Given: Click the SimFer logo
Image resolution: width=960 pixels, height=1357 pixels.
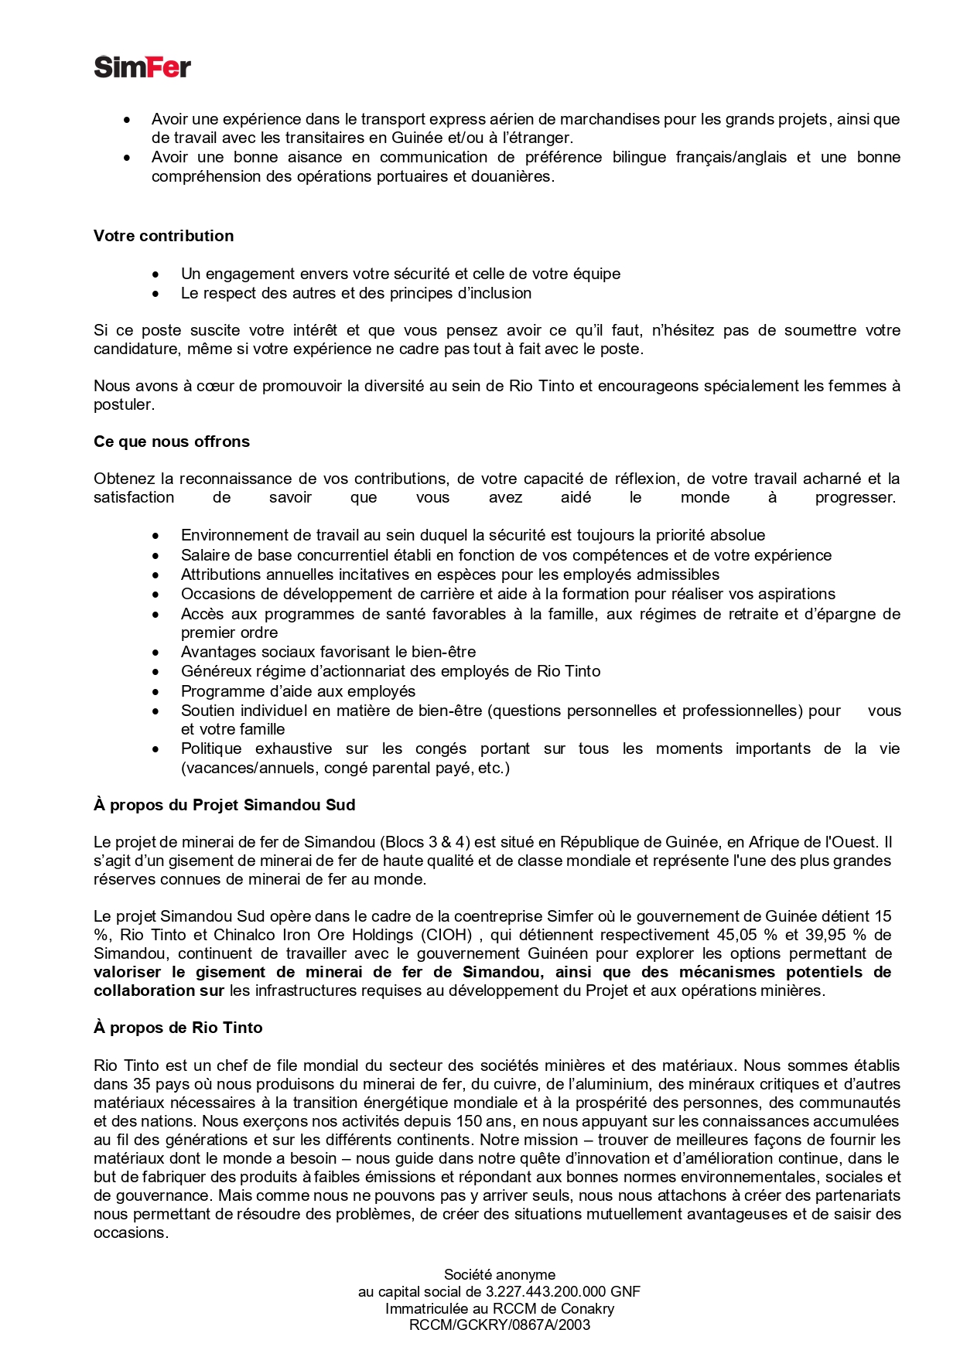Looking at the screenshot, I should click(142, 67).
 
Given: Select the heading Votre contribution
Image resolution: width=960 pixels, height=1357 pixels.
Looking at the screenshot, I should click(163, 236).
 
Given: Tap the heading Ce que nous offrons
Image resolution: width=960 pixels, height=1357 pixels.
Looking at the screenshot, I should click(172, 442).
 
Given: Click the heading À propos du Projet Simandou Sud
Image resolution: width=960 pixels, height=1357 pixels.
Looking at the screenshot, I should click(224, 805).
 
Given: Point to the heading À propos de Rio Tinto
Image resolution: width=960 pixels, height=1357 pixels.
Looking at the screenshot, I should click(178, 1028).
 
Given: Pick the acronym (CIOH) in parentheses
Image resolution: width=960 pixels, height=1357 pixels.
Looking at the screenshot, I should click(446, 935).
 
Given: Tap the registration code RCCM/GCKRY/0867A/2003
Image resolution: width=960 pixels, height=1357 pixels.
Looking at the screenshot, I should click(500, 1325).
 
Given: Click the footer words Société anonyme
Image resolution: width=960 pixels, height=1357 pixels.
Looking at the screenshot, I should click(500, 1275).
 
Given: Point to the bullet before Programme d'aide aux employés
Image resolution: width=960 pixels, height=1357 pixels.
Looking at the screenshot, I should click(156, 692).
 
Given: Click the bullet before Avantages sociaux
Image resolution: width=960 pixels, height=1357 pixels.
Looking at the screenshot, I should click(156, 653).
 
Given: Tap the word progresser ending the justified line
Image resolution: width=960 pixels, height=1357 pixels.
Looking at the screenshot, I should click(855, 497).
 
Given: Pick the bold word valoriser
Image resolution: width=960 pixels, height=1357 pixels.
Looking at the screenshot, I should click(128, 972).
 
